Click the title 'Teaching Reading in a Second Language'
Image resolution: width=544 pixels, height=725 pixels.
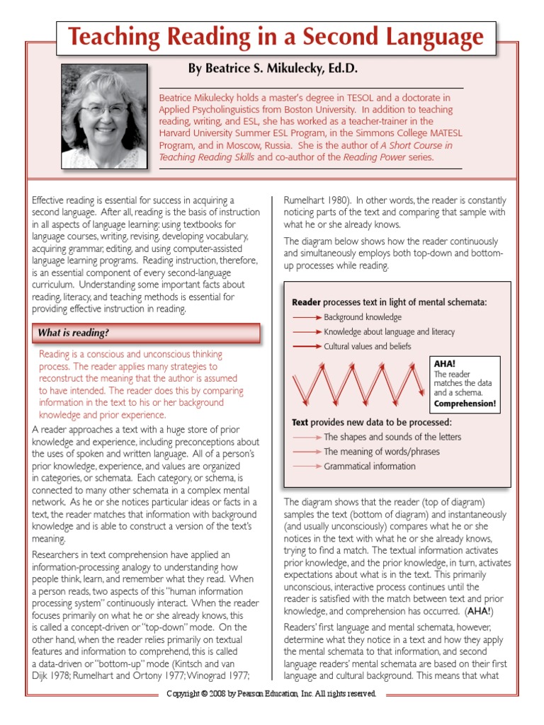[276, 38]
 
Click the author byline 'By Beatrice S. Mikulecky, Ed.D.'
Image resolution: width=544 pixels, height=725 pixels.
[273, 69]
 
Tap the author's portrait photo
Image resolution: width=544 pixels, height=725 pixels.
[104, 115]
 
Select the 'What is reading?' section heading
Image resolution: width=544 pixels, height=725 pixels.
[74, 333]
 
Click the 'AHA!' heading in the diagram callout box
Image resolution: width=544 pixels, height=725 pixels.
[445, 364]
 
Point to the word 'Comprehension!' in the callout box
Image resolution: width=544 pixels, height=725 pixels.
[465, 404]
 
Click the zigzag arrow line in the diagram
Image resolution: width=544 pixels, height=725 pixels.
[361, 386]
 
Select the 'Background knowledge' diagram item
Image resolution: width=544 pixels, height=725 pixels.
[363, 317]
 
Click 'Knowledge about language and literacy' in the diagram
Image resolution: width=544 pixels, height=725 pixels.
[389, 332]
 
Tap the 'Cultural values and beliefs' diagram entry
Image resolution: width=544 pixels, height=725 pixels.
[367, 347]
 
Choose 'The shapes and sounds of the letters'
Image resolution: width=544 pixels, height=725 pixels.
[392, 437]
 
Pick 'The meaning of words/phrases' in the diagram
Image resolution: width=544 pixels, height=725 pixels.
[381, 452]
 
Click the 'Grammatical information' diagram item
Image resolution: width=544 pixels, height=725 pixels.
[370, 467]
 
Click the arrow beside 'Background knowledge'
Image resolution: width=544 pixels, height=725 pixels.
[307, 317]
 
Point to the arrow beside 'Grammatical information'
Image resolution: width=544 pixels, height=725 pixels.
[307, 467]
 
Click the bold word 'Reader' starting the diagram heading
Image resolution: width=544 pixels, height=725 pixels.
[306, 302]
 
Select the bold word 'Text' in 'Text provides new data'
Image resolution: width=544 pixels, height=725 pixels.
[300, 422]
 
